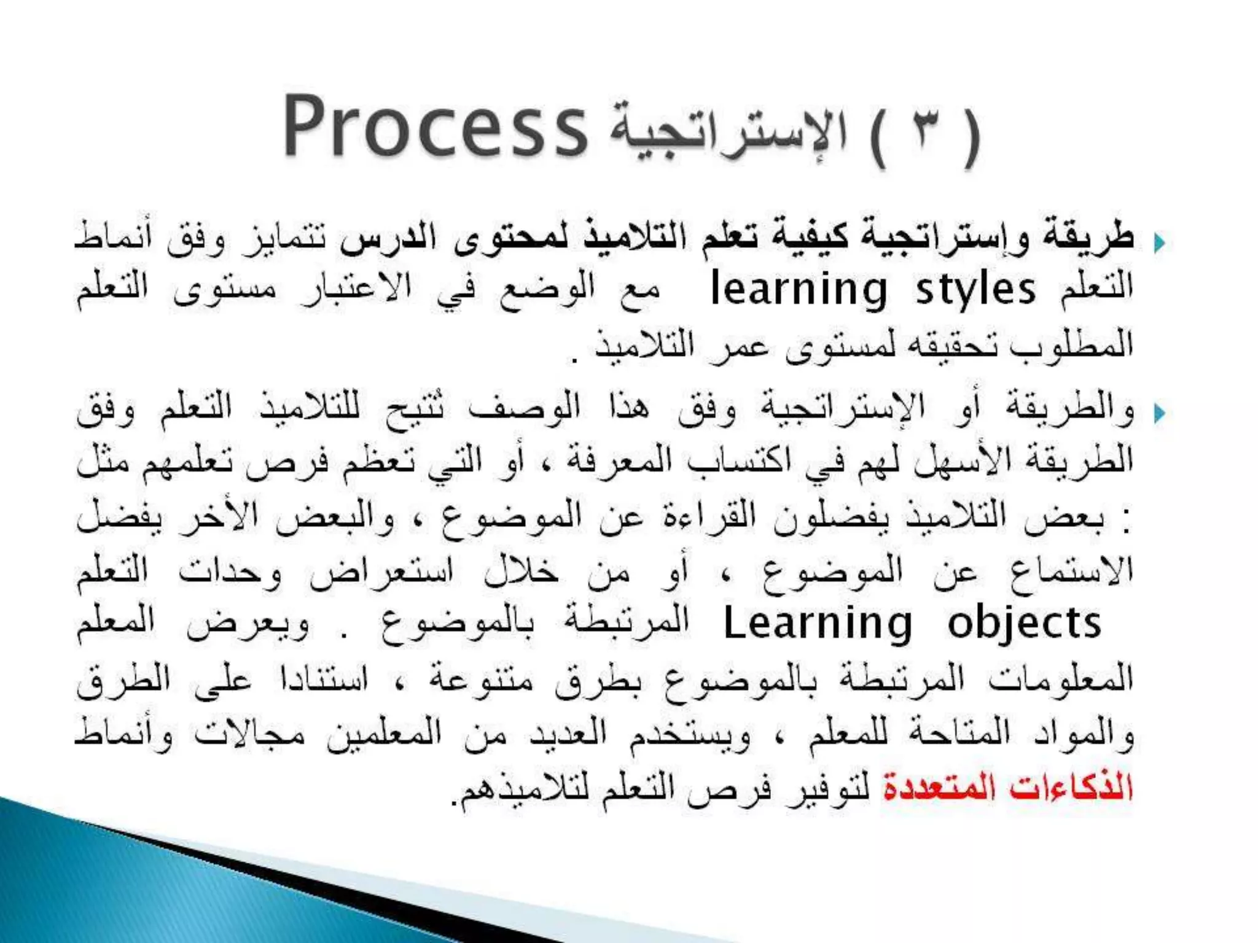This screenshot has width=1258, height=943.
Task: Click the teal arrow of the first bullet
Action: pyautogui.click(x=1159, y=244)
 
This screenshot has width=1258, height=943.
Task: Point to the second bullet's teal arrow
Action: pyautogui.click(x=1159, y=413)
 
